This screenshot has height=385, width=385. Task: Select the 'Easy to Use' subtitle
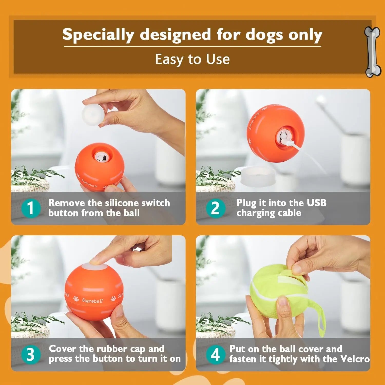tap(192, 59)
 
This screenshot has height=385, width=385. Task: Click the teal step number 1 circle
tap(31, 208)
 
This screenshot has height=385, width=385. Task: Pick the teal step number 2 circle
tap(215, 208)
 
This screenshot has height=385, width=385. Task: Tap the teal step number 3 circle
tap(31, 354)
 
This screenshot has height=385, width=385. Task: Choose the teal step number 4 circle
tap(215, 354)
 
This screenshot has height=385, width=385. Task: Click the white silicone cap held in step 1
tap(92, 114)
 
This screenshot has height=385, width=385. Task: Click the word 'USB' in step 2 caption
tap(316, 203)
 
